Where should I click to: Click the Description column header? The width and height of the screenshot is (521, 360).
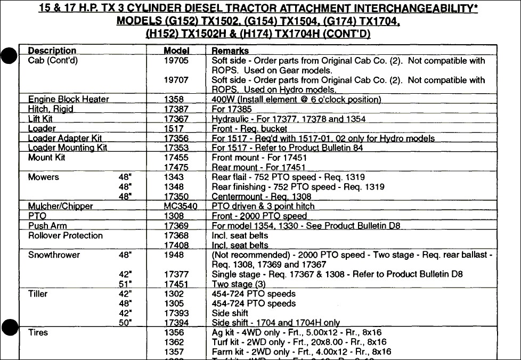52,51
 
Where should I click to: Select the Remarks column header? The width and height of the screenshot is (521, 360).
230,51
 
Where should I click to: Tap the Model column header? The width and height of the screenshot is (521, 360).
176,51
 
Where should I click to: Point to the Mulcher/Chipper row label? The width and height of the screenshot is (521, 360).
60,206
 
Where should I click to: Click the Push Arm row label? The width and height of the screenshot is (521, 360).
47,226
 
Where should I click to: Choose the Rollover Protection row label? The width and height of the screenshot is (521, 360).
65,235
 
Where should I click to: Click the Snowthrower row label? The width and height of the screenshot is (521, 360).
54,255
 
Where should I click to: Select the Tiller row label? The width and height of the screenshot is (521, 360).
38,294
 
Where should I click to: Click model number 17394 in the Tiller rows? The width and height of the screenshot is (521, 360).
176,323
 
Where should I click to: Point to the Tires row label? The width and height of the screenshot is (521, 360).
38,332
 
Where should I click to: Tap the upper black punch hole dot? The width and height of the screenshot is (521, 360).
9,55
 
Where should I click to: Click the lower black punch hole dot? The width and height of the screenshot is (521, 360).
9,327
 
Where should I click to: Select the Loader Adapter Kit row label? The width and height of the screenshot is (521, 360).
65,138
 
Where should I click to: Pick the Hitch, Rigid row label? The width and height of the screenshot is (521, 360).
51,109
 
